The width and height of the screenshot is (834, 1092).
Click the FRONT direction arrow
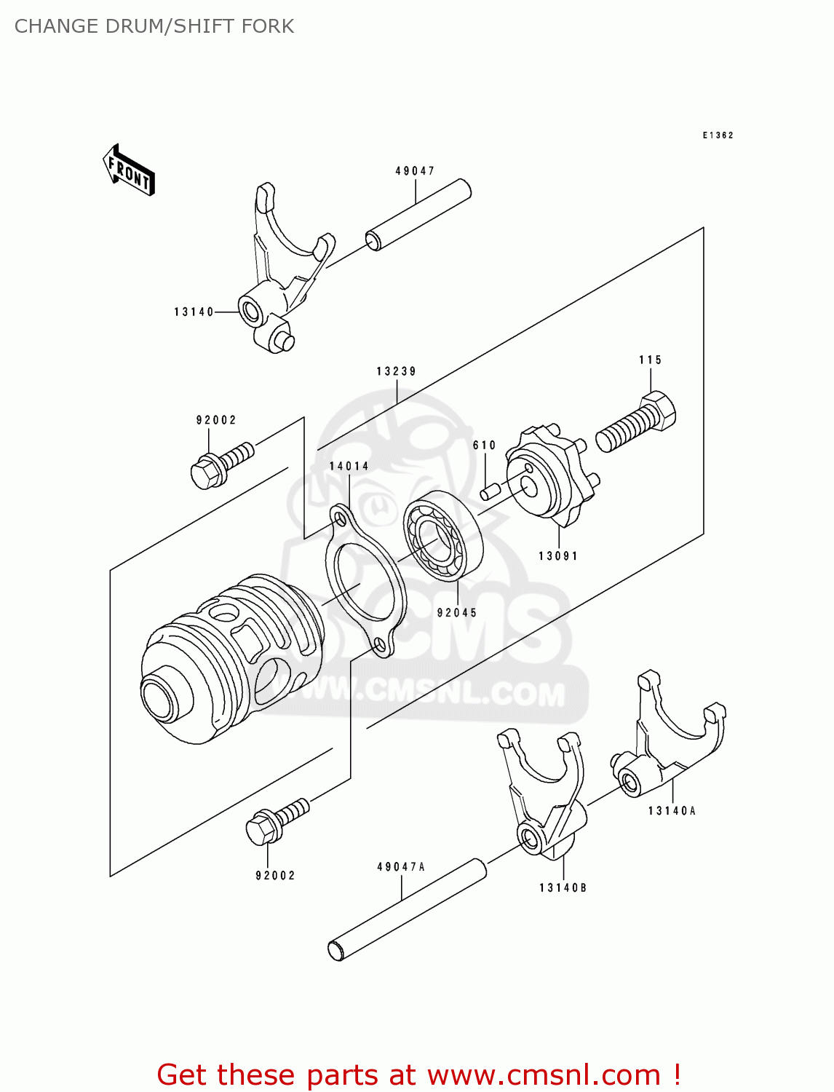tap(129, 171)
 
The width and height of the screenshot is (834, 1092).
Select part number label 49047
tap(415, 171)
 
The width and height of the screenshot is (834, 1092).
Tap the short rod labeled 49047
tap(418, 215)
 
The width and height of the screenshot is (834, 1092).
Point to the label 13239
tap(397, 371)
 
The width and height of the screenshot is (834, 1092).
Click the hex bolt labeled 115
tap(636, 422)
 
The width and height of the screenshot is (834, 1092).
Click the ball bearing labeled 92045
tap(443, 535)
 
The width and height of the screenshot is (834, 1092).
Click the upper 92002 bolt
tap(221, 464)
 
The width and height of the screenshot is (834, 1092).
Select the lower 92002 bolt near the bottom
tap(277, 821)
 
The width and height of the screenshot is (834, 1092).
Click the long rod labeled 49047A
tap(408, 910)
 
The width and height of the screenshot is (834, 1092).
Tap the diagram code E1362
tap(718, 135)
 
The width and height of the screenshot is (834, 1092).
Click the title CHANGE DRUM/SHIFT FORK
tap(154, 26)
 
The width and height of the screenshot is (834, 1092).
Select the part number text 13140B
tap(563, 887)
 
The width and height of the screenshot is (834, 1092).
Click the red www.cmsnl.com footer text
tap(418, 1075)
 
